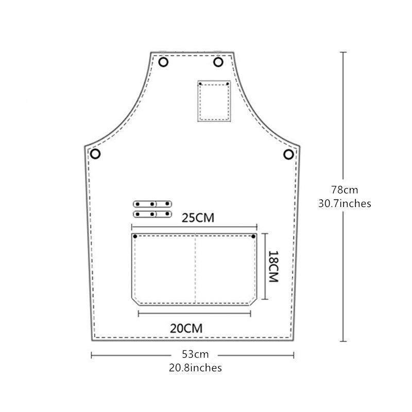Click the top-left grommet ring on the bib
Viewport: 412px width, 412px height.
tap(164, 63)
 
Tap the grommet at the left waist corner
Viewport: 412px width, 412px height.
tap(95, 153)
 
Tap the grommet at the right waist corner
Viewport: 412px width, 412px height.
tap(289, 154)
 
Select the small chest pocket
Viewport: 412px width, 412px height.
tap(214, 101)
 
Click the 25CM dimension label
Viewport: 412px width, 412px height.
tap(198, 218)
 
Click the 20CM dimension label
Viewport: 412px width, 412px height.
tap(186, 327)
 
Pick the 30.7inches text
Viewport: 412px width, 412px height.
tap(345, 203)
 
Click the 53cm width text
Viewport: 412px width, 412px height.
tap(195, 354)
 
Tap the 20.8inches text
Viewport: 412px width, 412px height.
tap(195, 368)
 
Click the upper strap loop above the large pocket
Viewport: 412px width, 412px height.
tap(152, 204)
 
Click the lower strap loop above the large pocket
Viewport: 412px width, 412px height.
tap(152, 213)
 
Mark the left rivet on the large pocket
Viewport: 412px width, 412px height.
tap(135, 236)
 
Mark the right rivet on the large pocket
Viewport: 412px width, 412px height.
tap(253, 236)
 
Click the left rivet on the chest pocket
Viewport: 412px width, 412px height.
tap(200, 83)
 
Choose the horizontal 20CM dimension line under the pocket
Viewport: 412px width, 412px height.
tap(194, 312)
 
